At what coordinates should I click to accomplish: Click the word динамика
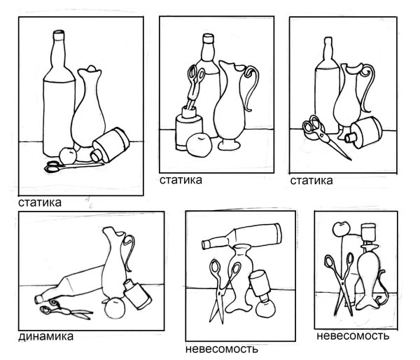[x=45, y=336]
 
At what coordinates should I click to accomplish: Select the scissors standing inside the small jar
[x=195, y=85]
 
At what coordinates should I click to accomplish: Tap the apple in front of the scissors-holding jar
[x=199, y=145]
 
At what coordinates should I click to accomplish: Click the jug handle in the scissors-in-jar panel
[x=251, y=88]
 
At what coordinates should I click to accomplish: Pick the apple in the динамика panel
[x=114, y=308]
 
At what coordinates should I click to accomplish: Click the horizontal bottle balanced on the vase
[x=241, y=237]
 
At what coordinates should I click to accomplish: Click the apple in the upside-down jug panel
[x=342, y=229]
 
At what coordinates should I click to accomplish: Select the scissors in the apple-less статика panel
[x=324, y=136]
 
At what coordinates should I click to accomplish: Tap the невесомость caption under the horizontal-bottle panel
[x=221, y=349]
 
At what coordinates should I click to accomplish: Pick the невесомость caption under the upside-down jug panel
[x=353, y=336]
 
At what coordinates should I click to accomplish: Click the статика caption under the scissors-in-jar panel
[x=181, y=180]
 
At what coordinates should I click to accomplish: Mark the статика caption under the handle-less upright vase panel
[x=40, y=202]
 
